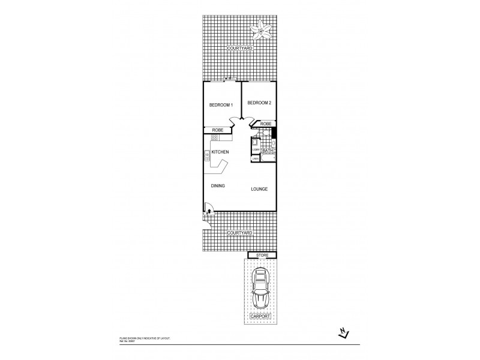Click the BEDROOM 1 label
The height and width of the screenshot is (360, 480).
(220, 105)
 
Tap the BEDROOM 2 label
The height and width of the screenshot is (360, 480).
(259, 103)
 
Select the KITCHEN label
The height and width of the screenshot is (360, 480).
(220, 152)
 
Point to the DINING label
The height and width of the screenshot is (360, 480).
(218, 186)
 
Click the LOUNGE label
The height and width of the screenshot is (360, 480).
(259, 189)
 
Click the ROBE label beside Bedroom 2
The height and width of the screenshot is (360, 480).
(265, 124)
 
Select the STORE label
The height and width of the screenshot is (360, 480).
(262, 256)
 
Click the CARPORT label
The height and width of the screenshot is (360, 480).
(262, 315)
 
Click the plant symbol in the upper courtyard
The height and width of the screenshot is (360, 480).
(262, 28)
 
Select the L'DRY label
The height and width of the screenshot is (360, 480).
(255, 150)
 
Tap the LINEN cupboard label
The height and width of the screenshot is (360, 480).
(255, 158)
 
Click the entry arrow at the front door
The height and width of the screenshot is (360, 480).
(208, 211)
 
